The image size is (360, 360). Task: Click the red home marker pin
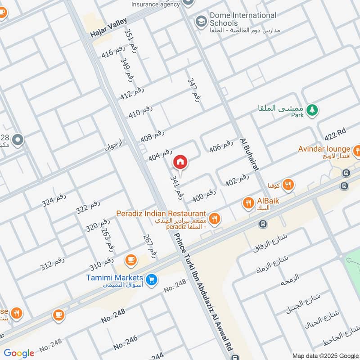point(180,162)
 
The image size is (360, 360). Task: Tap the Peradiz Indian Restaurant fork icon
point(215,219)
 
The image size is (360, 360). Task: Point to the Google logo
point(19,353)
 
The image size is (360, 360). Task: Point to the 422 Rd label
point(335,134)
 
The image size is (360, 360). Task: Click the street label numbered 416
point(113,52)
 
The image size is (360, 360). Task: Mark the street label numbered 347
point(193,92)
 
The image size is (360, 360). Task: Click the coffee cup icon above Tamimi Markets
point(131,260)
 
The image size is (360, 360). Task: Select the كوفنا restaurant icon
point(288,184)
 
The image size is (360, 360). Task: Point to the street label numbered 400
point(204,194)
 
